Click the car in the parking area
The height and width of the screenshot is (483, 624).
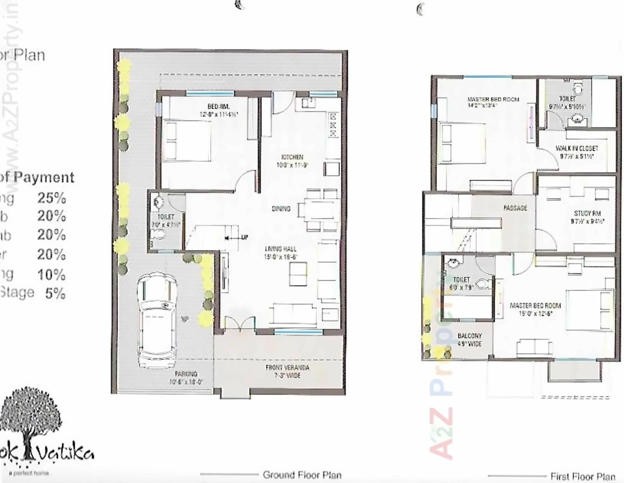coord(157,320)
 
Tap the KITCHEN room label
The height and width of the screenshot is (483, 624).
coord(292,157)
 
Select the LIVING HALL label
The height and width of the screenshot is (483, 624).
coord(281,249)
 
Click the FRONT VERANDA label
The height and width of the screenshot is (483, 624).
coord(288,368)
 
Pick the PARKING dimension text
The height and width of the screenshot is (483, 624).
coord(186,382)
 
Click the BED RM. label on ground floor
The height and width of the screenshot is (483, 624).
coord(218,107)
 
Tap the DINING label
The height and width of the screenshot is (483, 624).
coord(281,209)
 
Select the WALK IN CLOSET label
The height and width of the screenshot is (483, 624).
coord(577,148)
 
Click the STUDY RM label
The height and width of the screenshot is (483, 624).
coord(587,213)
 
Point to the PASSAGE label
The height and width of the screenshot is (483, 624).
coord(515,208)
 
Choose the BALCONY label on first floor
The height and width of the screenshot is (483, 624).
coord(469,336)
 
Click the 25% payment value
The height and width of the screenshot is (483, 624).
coord(52,198)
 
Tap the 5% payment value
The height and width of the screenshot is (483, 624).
coord(55,293)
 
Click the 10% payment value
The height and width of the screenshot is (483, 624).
coord(52,274)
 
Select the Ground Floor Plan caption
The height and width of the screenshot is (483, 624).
coord(302,475)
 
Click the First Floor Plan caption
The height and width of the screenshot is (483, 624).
coord(582,476)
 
